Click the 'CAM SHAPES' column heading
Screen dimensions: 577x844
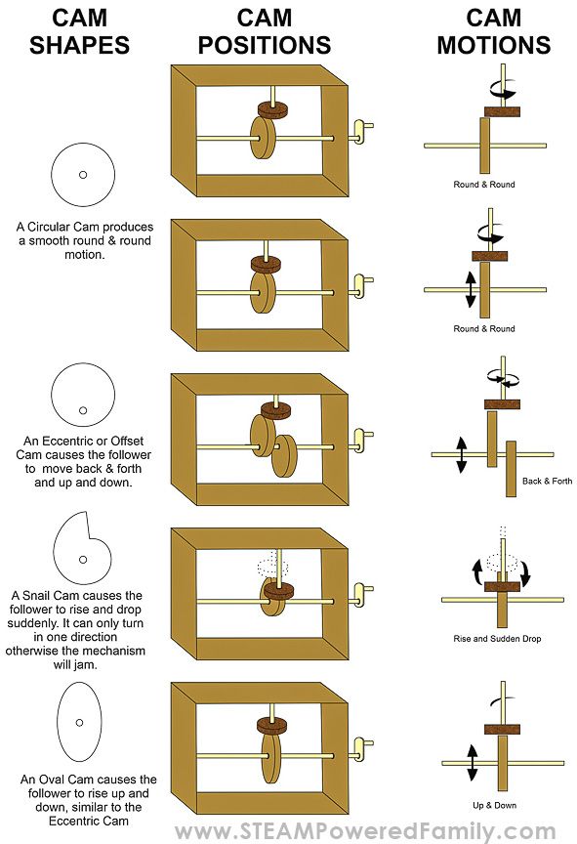80,31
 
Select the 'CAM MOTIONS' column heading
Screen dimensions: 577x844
494,31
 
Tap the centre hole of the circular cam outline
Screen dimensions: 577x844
83,175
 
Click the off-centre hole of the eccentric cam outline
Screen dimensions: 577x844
83,410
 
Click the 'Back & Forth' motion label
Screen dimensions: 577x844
547,481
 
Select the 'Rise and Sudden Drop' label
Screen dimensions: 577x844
497,639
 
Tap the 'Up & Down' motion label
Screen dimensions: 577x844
494,805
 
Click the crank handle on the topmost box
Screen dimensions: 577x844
360,132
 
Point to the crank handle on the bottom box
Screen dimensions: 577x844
360,750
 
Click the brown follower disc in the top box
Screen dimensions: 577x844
272,109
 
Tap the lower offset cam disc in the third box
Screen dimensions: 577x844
285,456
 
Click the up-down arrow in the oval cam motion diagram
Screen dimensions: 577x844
473,762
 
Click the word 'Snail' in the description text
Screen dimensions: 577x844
36,596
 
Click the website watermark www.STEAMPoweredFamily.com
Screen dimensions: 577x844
366,831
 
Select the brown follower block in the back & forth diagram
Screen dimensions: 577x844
502,403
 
